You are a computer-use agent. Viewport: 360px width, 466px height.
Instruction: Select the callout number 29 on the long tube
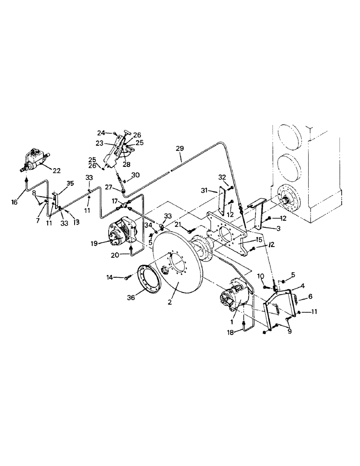coord(180,149)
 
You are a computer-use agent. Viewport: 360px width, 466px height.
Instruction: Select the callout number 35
coord(70,184)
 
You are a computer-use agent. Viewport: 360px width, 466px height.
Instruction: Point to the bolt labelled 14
coord(127,278)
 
